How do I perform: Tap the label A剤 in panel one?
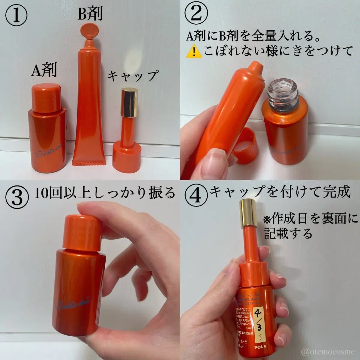pyautogui.click(x=44, y=71)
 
